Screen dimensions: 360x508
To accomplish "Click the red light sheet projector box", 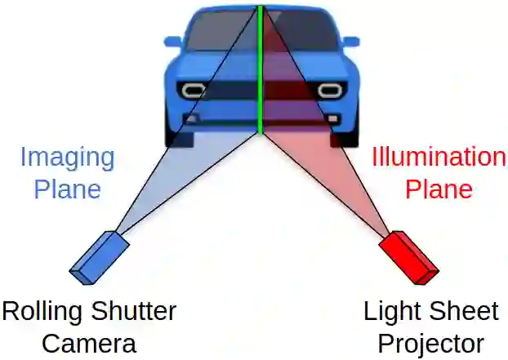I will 409,256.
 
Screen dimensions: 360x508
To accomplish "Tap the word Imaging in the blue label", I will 67,157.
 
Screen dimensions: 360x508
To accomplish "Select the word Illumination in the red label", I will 439,157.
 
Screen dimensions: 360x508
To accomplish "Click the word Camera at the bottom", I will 89,343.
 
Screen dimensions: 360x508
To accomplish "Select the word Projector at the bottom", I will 430,343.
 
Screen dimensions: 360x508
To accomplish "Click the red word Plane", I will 439,189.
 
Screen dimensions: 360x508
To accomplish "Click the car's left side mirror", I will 172,41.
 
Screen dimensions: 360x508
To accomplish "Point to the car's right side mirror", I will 350,41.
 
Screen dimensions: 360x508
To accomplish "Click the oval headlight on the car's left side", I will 194,89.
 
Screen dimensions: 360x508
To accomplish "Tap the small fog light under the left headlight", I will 190,119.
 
